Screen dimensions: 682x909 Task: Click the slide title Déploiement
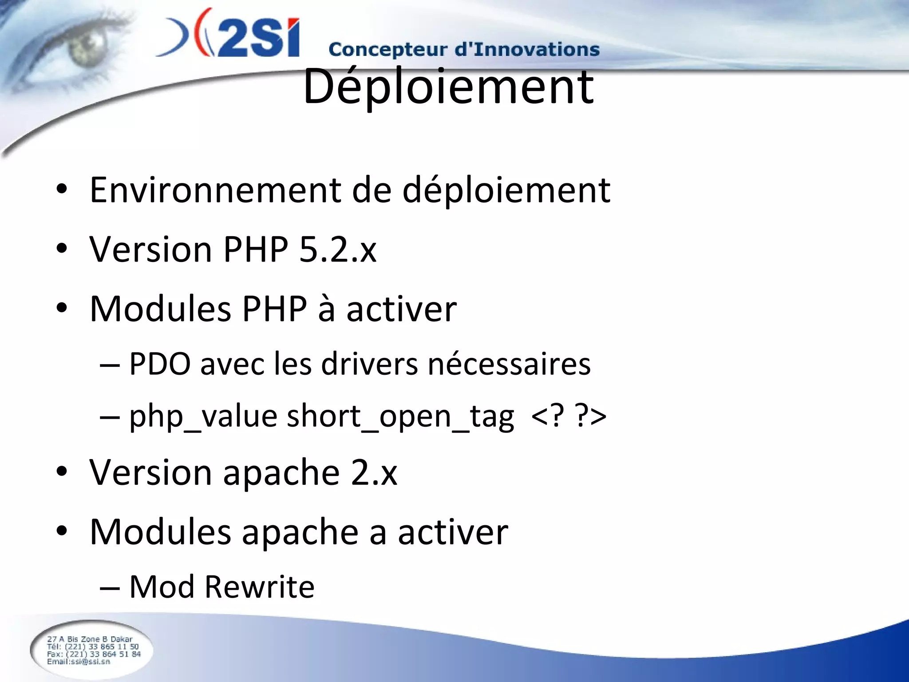(x=448, y=87)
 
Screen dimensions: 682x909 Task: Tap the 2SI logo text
(x=257, y=38)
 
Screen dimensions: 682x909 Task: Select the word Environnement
(x=215, y=190)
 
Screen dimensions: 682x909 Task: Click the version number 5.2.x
(x=338, y=249)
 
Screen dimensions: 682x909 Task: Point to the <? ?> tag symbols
(x=569, y=416)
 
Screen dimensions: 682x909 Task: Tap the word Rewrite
(x=260, y=587)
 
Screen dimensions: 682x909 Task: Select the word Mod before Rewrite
(x=162, y=587)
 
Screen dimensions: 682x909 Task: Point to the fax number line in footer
(x=94, y=654)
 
